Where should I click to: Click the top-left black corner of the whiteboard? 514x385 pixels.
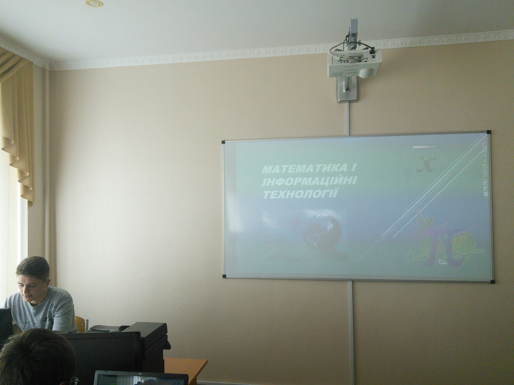pyautogui.click(x=223, y=142)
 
